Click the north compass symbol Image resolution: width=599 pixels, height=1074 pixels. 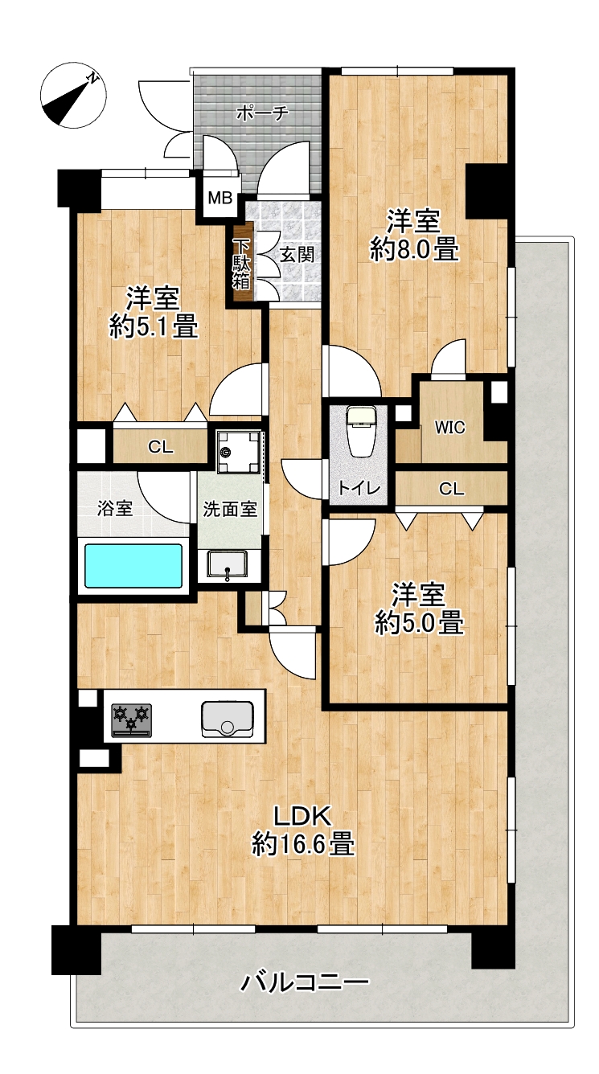(x=73, y=96)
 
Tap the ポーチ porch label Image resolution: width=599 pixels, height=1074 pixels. (x=262, y=113)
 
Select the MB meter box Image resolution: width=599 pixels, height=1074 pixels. (x=220, y=198)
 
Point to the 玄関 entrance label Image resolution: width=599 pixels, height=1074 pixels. (x=297, y=255)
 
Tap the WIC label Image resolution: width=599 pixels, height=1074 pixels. (x=449, y=427)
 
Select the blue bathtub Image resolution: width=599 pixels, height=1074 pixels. (x=133, y=565)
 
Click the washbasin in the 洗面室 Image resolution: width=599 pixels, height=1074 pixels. (x=227, y=564)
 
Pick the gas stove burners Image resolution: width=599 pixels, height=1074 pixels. (x=132, y=719)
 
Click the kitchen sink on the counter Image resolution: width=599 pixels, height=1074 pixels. (x=228, y=719)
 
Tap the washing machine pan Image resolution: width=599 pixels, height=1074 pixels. (x=238, y=452)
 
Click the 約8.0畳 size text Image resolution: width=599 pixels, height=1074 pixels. (x=414, y=250)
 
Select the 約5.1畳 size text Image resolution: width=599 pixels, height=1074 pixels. (x=153, y=327)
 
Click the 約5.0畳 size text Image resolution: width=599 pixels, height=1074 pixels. (x=419, y=623)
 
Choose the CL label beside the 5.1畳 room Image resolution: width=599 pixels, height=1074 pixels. (x=160, y=447)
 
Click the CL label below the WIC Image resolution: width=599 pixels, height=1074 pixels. (x=452, y=489)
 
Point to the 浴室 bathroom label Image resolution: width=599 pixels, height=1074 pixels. (x=115, y=508)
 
